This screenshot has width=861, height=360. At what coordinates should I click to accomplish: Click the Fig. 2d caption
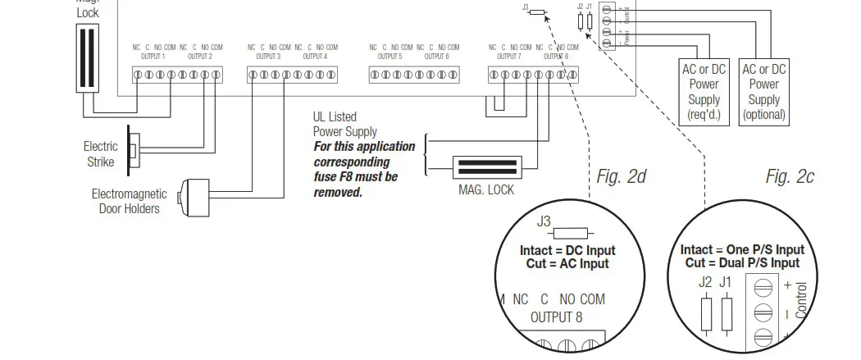[x=622, y=176]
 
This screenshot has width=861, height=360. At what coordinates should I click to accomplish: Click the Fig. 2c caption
[x=790, y=176]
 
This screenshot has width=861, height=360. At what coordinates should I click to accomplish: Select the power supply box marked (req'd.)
[x=704, y=91]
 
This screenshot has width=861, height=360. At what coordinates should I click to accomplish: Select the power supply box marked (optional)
[x=763, y=91]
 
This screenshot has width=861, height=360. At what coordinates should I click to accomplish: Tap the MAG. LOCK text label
[x=486, y=190]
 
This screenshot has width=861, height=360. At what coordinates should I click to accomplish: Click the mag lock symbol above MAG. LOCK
[x=489, y=167]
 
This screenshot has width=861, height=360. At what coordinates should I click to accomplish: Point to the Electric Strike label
[x=100, y=154]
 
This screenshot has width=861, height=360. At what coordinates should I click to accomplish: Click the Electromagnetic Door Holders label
[x=129, y=202]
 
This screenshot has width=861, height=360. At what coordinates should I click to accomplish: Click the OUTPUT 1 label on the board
[x=152, y=57]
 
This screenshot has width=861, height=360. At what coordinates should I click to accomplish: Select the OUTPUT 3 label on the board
[x=267, y=57]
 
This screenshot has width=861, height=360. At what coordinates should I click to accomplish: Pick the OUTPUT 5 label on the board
[x=389, y=57]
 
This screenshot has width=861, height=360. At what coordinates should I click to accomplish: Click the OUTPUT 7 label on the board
[x=508, y=57]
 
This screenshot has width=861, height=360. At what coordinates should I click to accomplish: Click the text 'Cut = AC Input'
[x=567, y=264]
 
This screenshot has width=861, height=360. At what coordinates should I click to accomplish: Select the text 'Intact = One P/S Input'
[x=742, y=250]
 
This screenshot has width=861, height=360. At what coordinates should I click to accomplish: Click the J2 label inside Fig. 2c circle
[x=705, y=282]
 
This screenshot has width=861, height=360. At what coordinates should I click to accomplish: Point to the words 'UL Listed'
[x=335, y=117]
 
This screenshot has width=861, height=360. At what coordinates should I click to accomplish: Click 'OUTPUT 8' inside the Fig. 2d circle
[x=556, y=317]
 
